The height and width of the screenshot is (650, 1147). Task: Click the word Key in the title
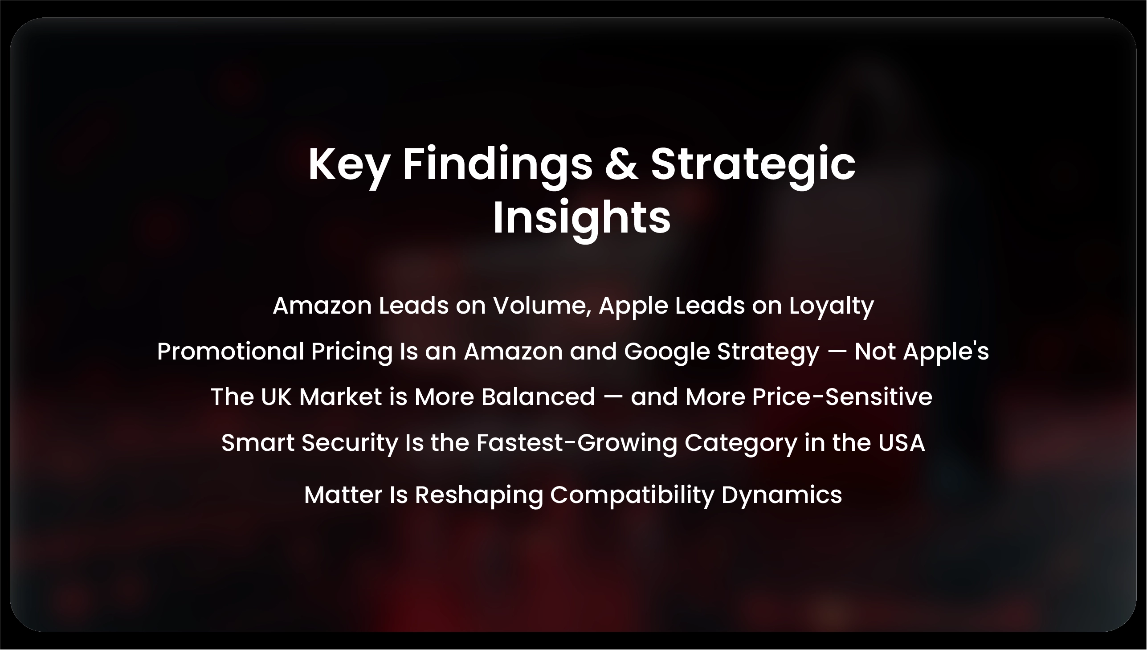(348, 164)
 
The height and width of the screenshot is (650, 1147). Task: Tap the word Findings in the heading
(498, 164)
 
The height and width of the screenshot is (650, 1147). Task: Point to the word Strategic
(753, 164)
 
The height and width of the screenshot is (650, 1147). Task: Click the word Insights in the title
(582, 218)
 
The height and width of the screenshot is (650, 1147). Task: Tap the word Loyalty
(831, 307)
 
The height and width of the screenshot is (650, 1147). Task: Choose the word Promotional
(230, 352)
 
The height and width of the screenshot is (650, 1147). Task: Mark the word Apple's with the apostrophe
(946, 352)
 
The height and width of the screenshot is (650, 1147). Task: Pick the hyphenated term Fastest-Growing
(576, 443)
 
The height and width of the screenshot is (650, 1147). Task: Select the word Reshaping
(479, 495)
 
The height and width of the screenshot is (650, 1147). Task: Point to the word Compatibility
(632, 495)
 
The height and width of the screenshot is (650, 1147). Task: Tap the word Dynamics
(781, 495)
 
